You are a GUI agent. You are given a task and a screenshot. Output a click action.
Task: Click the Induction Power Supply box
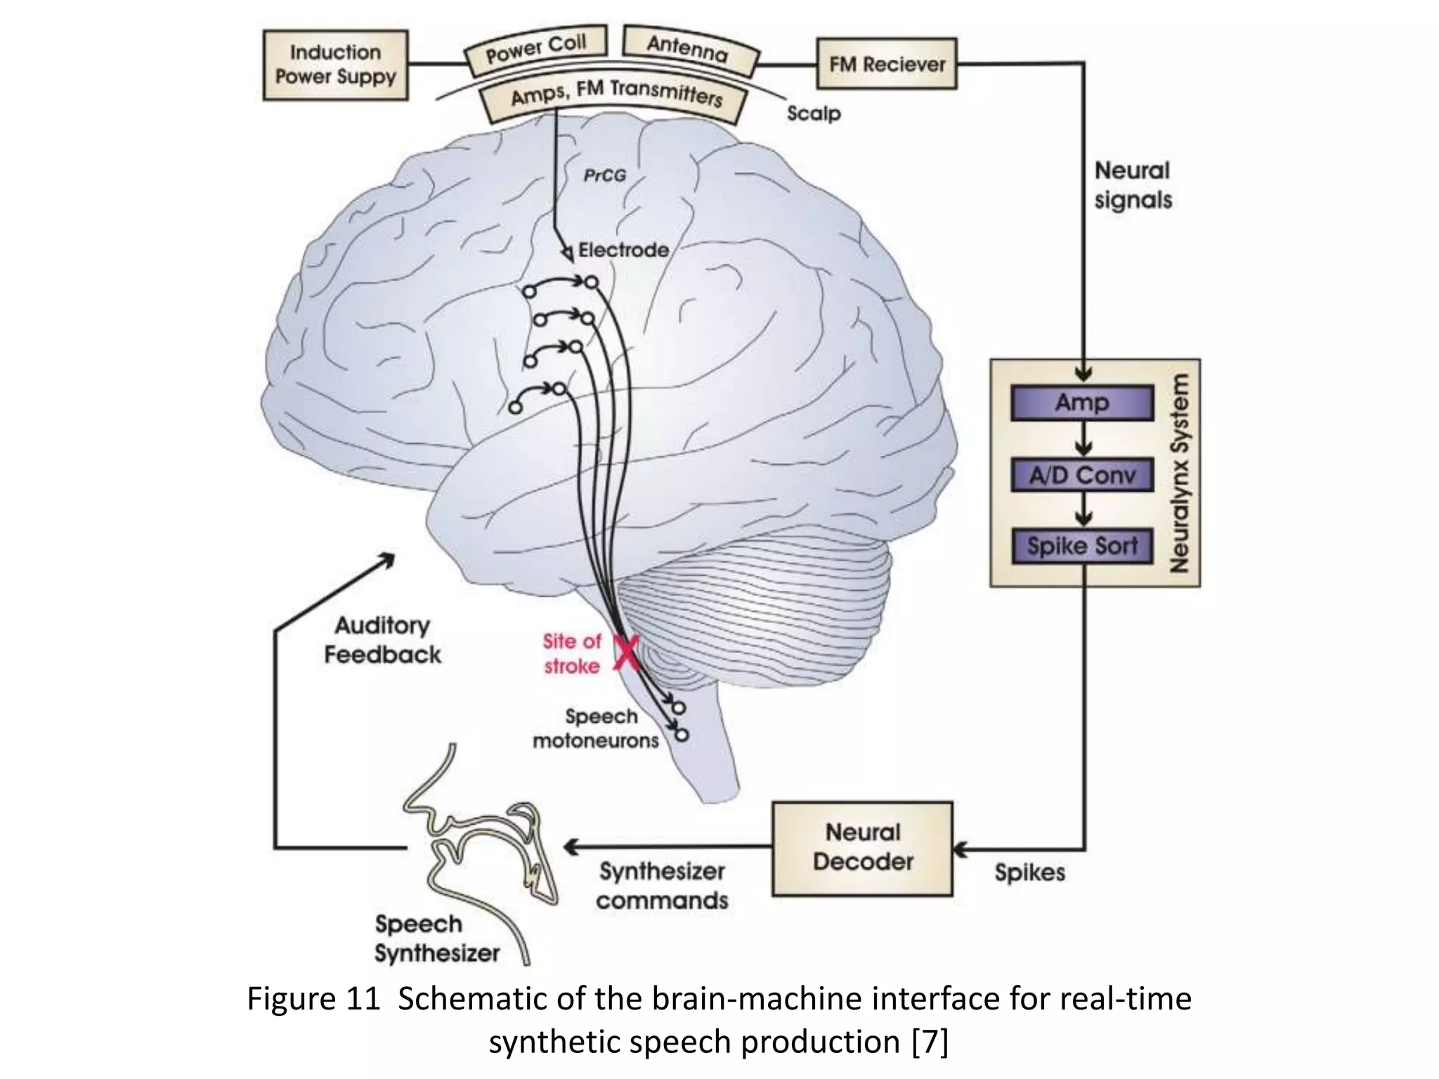point(335,65)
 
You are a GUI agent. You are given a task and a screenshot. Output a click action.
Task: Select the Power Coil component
point(535,49)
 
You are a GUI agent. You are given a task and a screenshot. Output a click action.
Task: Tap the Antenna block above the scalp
point(689,49)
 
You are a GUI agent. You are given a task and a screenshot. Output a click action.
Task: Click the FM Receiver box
point(887,64)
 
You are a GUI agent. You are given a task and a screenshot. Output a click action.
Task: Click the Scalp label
point(813,113)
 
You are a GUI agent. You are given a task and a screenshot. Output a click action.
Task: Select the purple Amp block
point(1082,403)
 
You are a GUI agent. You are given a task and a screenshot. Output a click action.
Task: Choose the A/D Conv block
point(1082,476)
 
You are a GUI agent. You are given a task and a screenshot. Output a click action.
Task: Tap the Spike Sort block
point(1082,546)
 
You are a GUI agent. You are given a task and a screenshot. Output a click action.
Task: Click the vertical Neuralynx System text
point(1180,473)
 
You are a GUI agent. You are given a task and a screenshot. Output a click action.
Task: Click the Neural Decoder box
point(862,848)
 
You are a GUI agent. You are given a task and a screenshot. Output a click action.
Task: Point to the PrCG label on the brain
point(604,176)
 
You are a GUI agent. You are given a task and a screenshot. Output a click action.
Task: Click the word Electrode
point(623,250)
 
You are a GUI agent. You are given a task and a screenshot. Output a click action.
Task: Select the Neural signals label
point(1133,185)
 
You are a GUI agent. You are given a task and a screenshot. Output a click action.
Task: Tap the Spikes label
point(1029,872)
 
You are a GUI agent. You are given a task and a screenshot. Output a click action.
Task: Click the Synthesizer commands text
point(662,886)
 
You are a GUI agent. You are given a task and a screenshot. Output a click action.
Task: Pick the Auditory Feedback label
point(382,640)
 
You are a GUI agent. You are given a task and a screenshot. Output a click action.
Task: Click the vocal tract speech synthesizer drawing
point(485,850)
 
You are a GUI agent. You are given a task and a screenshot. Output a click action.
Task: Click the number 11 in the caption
point(363,998)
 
